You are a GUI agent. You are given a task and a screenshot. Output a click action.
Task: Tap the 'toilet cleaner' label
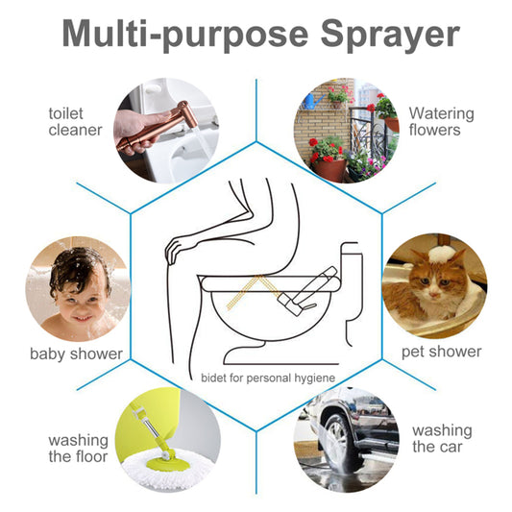click(75, 121)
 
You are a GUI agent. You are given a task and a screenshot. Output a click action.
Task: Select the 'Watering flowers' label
click(434, 121)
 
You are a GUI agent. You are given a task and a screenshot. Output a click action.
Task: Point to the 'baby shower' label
click(76, 354)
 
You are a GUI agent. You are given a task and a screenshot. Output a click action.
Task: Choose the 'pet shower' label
click(441, 352)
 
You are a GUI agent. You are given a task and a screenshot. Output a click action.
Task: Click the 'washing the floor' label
click(78, 448)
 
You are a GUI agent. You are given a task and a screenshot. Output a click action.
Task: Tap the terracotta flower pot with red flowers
click(330, 169)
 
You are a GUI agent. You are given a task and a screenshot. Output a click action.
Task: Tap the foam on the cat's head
click(443, 253)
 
